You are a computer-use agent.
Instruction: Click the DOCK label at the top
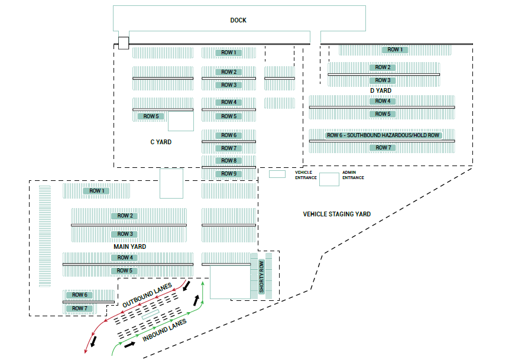238,20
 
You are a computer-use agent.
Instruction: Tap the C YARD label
161,142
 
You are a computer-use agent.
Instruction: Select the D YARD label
381,90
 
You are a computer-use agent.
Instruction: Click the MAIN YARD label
130,247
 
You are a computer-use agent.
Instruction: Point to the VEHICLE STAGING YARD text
337,214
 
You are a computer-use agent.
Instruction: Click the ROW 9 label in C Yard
229,174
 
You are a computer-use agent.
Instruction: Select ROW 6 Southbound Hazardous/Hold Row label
383,135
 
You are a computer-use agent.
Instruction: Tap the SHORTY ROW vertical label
262,276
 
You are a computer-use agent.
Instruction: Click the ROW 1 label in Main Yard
96,191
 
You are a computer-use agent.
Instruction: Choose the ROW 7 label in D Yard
383,148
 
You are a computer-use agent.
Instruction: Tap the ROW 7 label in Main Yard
79,309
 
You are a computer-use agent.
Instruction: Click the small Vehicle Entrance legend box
277,174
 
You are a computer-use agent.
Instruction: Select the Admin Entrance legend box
329,179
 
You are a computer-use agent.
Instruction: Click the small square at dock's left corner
123,43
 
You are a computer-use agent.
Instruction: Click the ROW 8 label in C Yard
229,161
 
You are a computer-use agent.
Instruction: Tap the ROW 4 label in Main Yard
125,258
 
